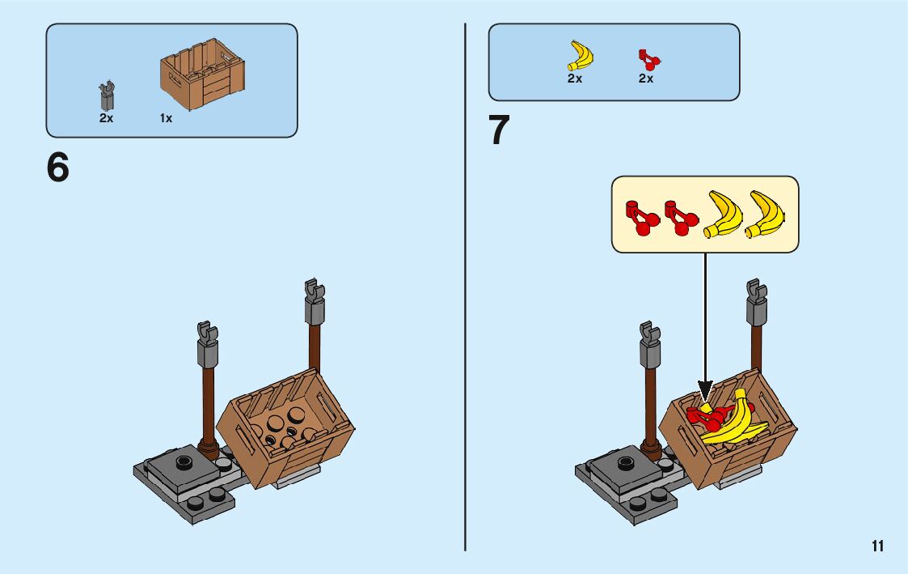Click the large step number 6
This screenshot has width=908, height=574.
58,168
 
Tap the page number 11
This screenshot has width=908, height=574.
877,546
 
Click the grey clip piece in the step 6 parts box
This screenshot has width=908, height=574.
106,96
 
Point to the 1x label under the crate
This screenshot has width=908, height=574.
166,118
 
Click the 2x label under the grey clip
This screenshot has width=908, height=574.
106,118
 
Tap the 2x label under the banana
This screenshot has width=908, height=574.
574,79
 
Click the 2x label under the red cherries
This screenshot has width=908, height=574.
645,79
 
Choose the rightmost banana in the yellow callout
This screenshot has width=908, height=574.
765,214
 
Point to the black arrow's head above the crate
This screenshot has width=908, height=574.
704,390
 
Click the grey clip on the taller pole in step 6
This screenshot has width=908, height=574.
314,300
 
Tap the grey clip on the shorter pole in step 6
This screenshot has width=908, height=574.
206,341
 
